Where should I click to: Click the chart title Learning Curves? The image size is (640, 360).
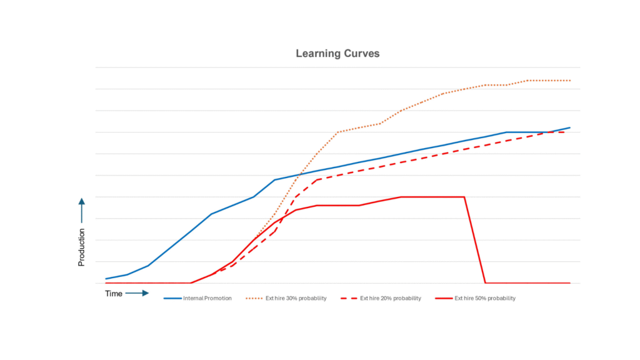pyautogui.click(x=337, y=54)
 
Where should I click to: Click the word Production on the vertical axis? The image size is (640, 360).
pyautogui.click(x=81, y=247)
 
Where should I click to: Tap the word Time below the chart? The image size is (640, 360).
pyautogui.click(x=113, y=293)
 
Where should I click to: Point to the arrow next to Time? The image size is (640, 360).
pyautogui.click(x=137, y=293)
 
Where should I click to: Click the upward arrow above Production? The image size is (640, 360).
pyautogui.click(x=81, y=211)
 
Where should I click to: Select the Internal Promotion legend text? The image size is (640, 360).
pyautogui.click(x=207, y=299)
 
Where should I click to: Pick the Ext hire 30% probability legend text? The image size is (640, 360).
pyautogui.click(x=296, y=299)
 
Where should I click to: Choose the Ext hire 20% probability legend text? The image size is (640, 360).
pyautogui.click(x=391, y=299)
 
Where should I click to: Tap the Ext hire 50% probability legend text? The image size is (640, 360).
pyautogui.click(x=485, y=299)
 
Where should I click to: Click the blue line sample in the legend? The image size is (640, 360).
pyautogui.click(x=172, y=299)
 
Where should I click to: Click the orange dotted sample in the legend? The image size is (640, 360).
pyautogui.click(x=255, y=299)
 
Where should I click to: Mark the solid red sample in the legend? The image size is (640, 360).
pyautogui.click(x=444, y=299)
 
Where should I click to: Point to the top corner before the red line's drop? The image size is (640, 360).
pyautogui.click(x=464, y=197)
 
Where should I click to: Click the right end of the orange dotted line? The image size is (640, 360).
pyautogui.click(x=570, y=81)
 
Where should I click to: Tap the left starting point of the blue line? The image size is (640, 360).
pyautogui.click(x=106, y=279)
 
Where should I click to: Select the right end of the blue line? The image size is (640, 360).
pyautogui.click(x=570, y=127)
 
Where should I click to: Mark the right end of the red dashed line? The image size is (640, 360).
pyautogui.click(x=566, y=132)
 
